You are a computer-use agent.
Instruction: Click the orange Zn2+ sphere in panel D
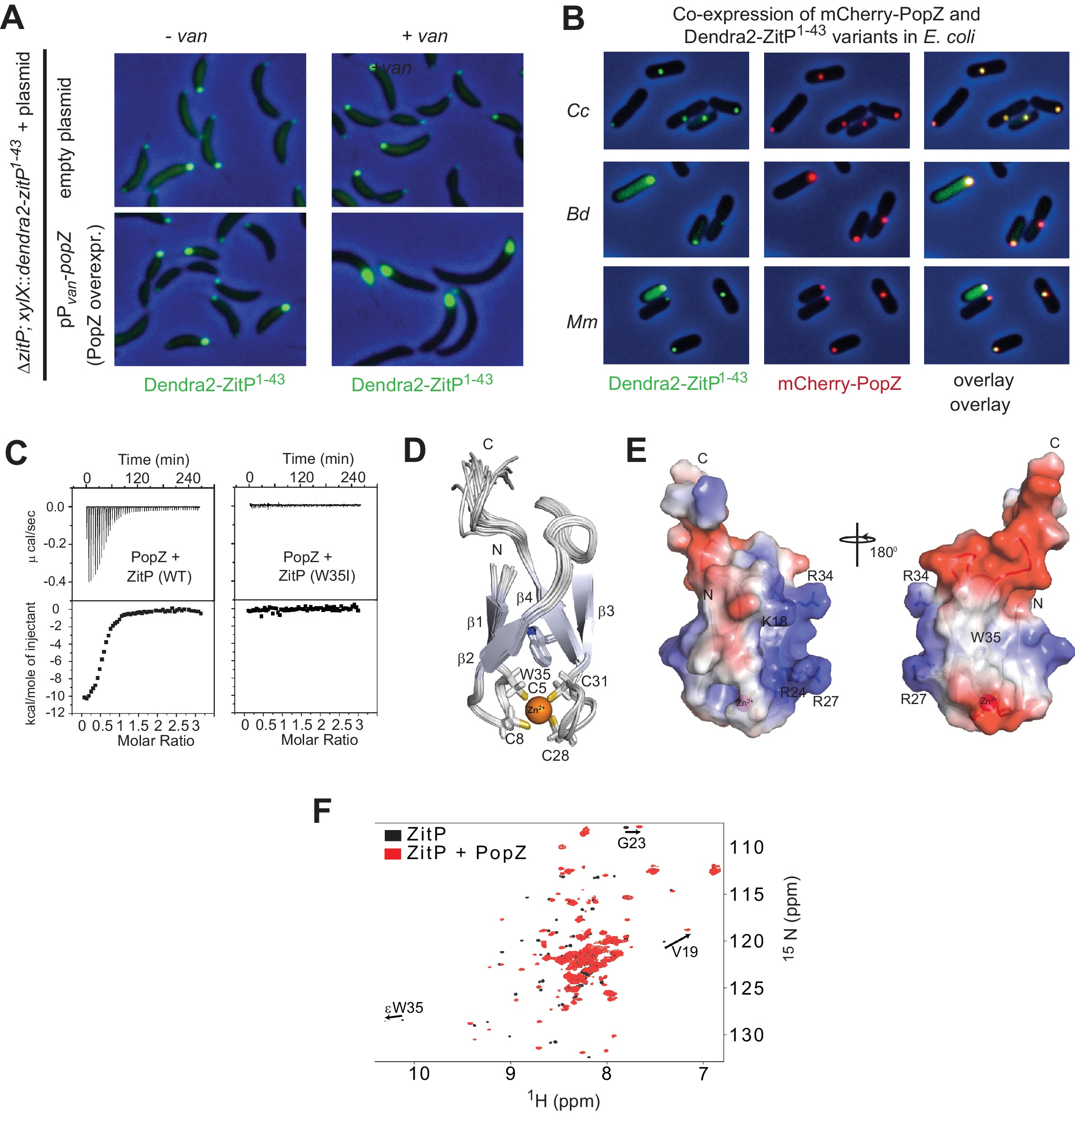538,709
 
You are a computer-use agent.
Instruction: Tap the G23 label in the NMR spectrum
631,843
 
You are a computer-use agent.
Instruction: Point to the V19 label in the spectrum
684,952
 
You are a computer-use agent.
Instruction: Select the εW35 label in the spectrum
404,1008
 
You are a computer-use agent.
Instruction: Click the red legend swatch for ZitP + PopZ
392,854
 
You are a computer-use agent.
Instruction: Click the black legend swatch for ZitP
392,835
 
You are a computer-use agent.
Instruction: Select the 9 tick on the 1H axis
510,1073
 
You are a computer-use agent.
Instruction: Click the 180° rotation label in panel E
883,552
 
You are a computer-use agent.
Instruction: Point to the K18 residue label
774,621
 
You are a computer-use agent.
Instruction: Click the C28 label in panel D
555,755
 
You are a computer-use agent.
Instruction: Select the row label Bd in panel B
578,214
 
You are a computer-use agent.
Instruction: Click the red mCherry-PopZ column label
839,384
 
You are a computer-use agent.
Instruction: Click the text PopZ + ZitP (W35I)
316,566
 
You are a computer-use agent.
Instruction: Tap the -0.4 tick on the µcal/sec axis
55,581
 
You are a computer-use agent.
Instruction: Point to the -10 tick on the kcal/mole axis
53,696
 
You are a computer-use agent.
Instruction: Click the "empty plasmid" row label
66,138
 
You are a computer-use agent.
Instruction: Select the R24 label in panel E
793,692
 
